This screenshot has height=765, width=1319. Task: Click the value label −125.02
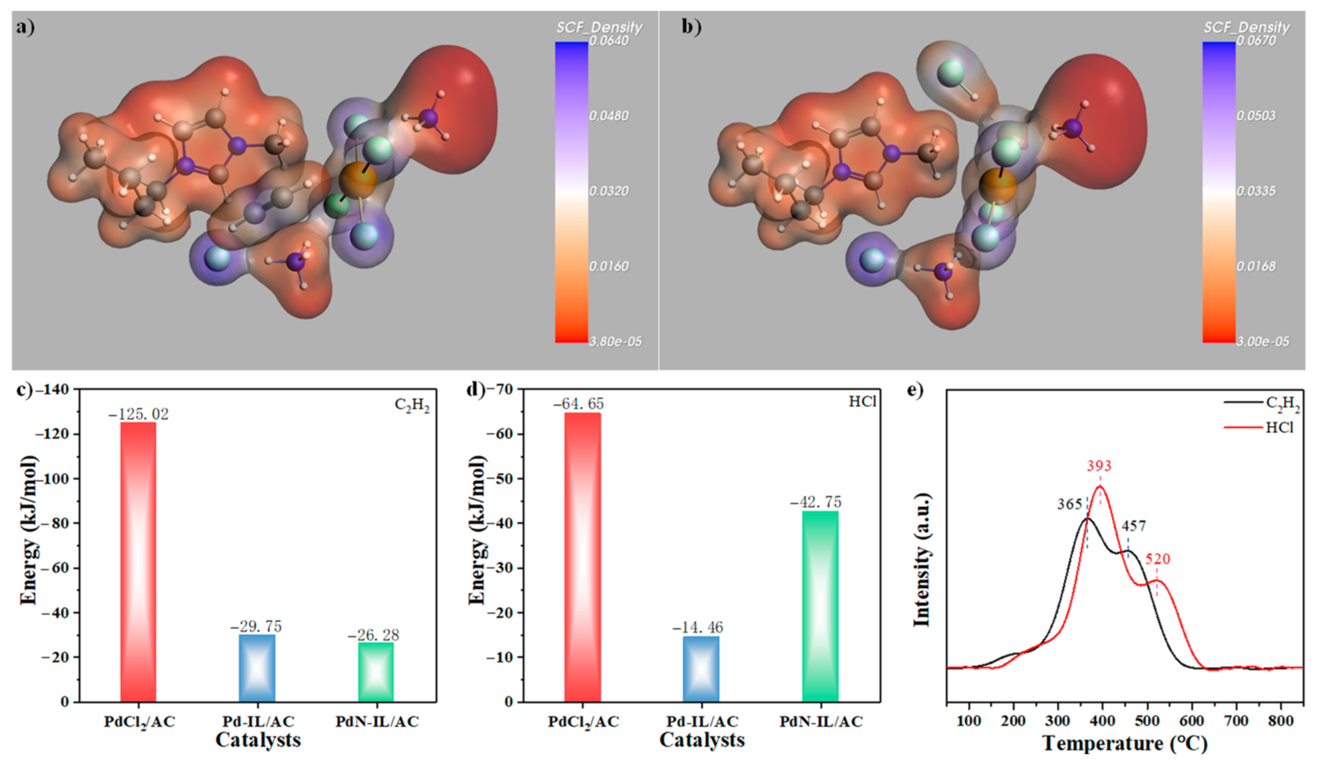(138, 414)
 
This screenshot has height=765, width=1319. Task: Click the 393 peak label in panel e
(1099, 466)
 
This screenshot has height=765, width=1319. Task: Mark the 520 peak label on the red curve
(1157, 559)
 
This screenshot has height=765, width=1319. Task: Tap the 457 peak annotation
(1134, 525)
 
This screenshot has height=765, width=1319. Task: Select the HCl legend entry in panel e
(1279, 427)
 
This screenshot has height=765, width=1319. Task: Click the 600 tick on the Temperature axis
(1192, 721)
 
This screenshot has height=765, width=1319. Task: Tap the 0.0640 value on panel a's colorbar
(609, 40)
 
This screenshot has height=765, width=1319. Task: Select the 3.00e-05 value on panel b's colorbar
(1262, 342)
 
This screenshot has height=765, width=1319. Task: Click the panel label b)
(691, 26)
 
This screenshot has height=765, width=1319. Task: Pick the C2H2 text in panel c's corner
(412, 406)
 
